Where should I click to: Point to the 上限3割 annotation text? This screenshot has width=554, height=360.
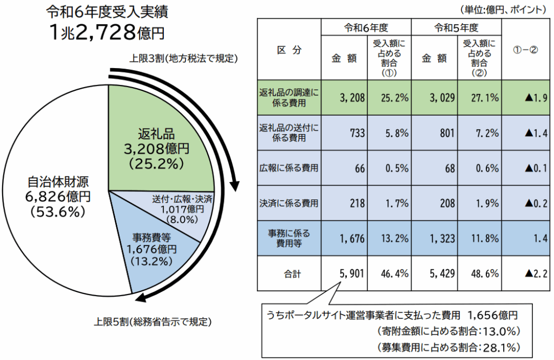coord(184,58)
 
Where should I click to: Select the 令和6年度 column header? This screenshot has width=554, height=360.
coord(366,27)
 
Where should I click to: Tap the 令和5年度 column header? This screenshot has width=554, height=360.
coord(457,27)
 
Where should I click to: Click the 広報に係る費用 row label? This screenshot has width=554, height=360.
coord(289,168)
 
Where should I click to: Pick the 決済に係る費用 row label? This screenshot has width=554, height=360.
coord(289,204)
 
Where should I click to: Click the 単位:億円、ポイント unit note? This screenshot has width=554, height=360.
coord(503,9)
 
